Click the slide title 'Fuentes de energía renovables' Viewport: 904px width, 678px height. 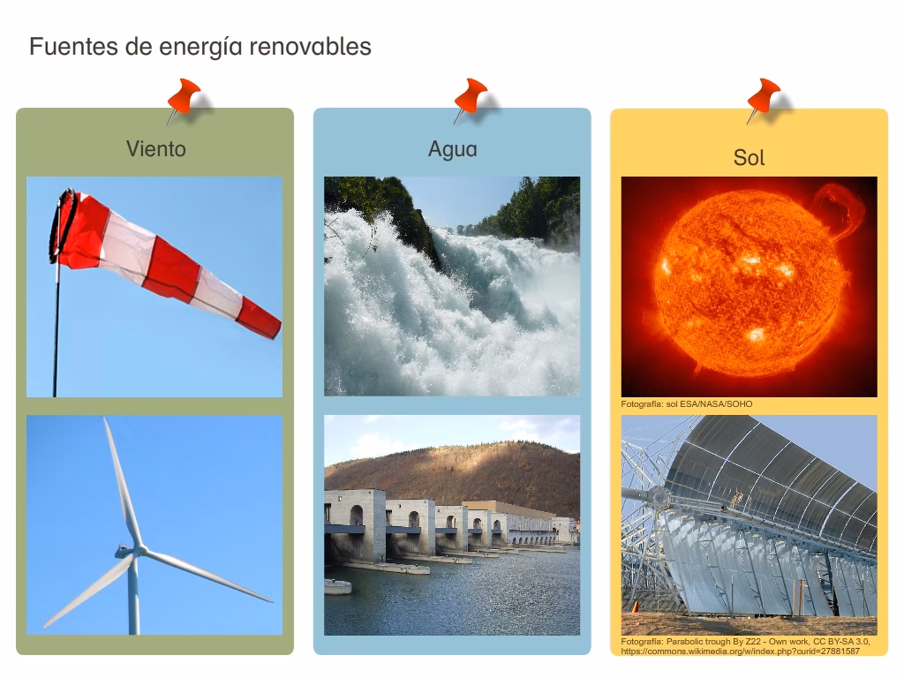pyautogui.click(x=200, y=47)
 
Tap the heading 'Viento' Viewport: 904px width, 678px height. pyautogui.click(x=155, y=148)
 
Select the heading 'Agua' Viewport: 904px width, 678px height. pyautogui.click(x=452, y=148)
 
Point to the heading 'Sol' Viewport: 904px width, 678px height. pyautogui.click(x=749, y=158)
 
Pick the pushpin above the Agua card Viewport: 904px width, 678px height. pyautogui.click(x=470, y=97)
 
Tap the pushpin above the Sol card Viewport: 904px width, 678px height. pyautogui.click(x=764, y=97)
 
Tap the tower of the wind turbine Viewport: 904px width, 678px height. pyautogui.click(x=133, y=600)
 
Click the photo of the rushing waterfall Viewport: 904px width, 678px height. pyautogui.click(x=452, y=286)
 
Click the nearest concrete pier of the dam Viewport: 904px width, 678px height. pyautogui.click(x=355, y=526)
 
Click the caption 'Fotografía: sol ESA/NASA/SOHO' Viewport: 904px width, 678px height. pyautogui.click(x=687, y=404)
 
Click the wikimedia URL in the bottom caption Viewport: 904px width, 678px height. pyautogui.click(x=740, y=652)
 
